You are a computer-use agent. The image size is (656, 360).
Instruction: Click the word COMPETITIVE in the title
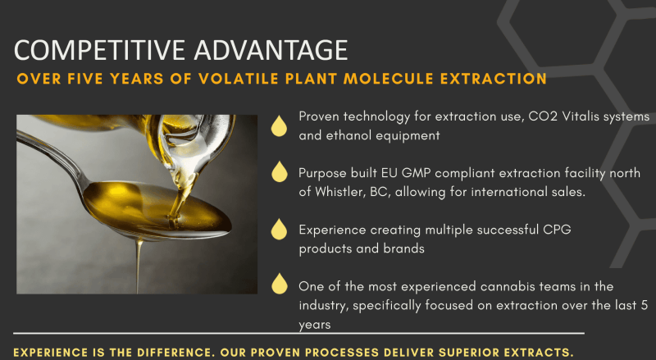pos(99,50)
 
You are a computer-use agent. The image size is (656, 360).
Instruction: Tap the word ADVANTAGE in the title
pos(271,50)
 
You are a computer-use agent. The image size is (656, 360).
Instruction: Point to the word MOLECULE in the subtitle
pos(388,79)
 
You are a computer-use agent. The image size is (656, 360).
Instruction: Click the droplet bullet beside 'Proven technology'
pos(279,126)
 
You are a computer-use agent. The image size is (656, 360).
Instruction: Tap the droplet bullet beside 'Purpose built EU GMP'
pos(279,171)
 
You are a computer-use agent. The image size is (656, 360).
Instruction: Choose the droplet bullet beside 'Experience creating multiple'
pos(279,229)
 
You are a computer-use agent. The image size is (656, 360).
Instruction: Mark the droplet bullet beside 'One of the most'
pos(279,284)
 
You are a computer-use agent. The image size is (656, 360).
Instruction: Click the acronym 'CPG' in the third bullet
pos(557,230)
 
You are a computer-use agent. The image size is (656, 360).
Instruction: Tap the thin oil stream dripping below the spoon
pos(138,267)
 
